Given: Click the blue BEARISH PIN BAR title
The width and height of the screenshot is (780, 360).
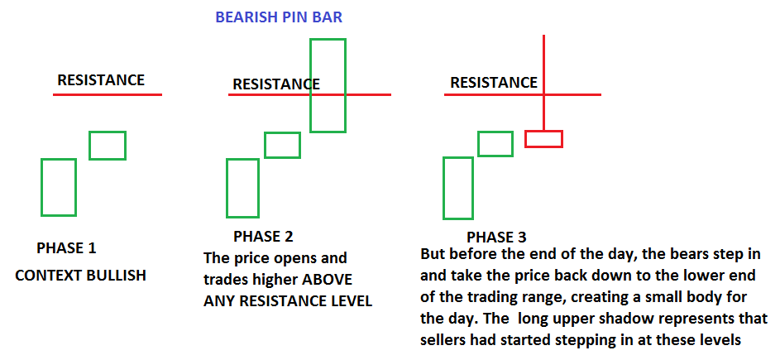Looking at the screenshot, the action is pos(279,17).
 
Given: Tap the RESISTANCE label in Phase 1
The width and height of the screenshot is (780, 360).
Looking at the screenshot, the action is pos(101,79).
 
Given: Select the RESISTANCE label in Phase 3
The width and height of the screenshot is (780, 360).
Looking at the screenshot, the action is pos(494,82).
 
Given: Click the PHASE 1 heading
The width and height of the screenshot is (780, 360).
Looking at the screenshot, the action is pos(66,248).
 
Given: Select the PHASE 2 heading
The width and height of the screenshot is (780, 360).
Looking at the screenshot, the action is pos(263,236).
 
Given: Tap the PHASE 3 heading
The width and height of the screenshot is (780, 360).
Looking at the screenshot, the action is pos(496,237).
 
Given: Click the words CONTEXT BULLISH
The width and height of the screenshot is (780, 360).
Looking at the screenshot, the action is pos(80,276).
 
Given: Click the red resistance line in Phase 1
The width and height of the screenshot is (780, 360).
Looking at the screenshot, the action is pos(108,94).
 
